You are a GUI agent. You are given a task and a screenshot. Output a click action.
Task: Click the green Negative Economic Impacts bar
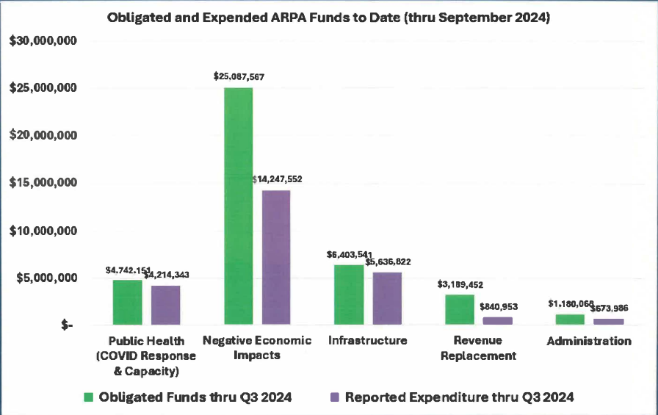(x=238, y=206)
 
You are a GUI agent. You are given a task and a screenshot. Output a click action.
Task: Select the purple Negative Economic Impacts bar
(x=275, y=257)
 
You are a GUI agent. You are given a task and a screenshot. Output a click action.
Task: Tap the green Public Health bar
(x=127, y=302)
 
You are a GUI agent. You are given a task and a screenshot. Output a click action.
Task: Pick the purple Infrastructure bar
(x=387, y=298)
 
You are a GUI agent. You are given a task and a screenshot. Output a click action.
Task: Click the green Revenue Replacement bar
(x=460, y=309)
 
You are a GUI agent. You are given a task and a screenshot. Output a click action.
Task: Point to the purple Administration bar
(x=608, y=321)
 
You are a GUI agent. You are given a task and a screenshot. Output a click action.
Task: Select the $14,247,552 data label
(x=277, y=178)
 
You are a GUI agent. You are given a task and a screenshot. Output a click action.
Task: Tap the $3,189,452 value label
(x=460, y=284)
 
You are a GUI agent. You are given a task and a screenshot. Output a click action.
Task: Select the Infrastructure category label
(x=367, y=341)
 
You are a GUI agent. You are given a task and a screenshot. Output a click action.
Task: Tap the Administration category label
(x=588, y=341)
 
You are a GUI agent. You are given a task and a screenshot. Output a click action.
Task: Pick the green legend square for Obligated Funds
(x=87, y=397)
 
